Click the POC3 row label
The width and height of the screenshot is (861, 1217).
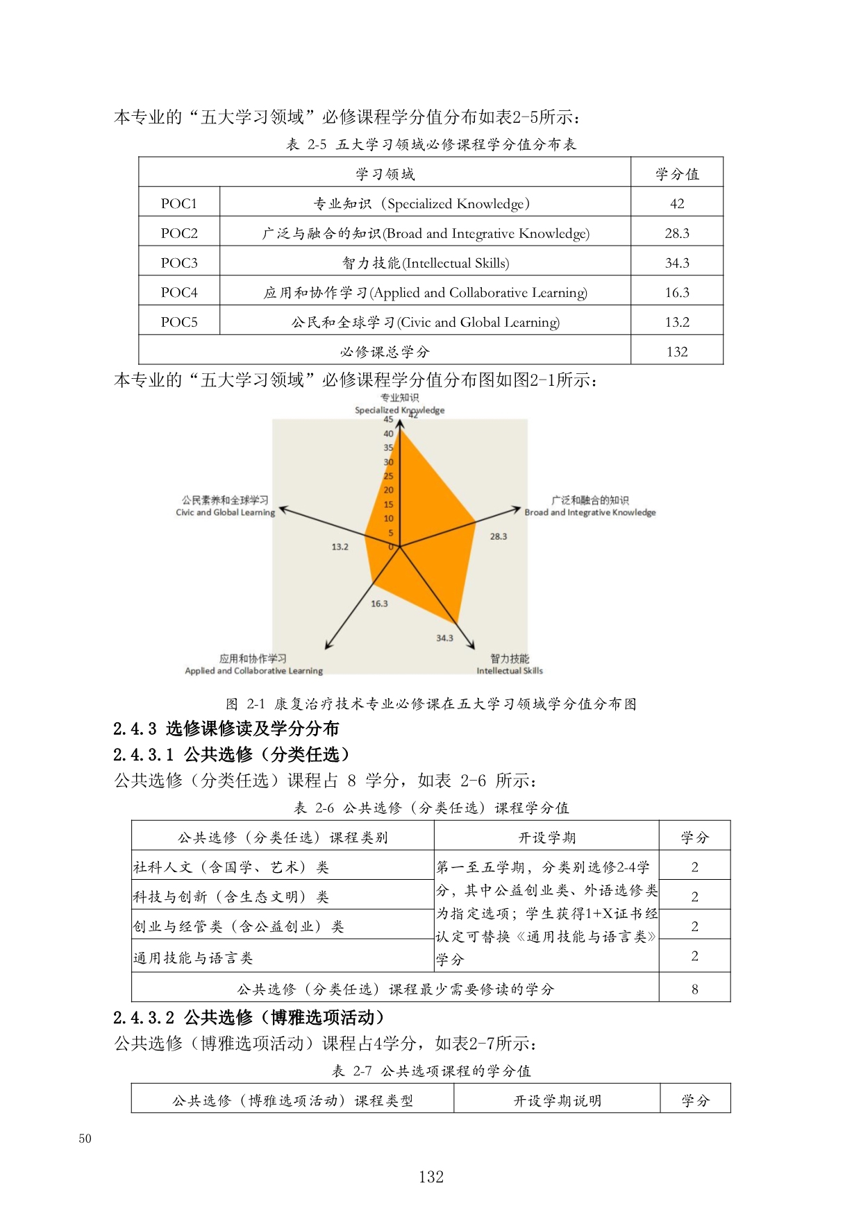point(179,263)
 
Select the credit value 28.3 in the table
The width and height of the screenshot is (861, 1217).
point(676,233)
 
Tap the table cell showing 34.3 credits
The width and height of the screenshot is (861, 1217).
point(676,263)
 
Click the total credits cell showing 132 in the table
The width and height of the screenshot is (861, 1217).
point(676,352)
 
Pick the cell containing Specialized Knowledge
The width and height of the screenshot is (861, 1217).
point(424,203)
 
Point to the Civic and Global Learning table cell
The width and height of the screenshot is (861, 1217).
point(424,322)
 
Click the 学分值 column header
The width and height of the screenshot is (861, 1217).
point(676,173)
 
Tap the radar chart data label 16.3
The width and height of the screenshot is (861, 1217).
point(379,604)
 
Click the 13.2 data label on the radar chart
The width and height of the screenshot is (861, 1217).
point(340,547)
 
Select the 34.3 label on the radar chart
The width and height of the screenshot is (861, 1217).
point(444,638)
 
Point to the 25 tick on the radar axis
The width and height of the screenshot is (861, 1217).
point(388,476)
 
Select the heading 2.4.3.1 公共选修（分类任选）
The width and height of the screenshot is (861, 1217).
point(232,754)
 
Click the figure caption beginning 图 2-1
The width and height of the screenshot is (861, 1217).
point(430,704)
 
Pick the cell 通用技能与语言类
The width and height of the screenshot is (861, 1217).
point(193,958)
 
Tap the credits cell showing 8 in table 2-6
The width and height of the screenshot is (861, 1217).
point(694,989)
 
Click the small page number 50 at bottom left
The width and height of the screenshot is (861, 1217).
point(85,1138)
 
